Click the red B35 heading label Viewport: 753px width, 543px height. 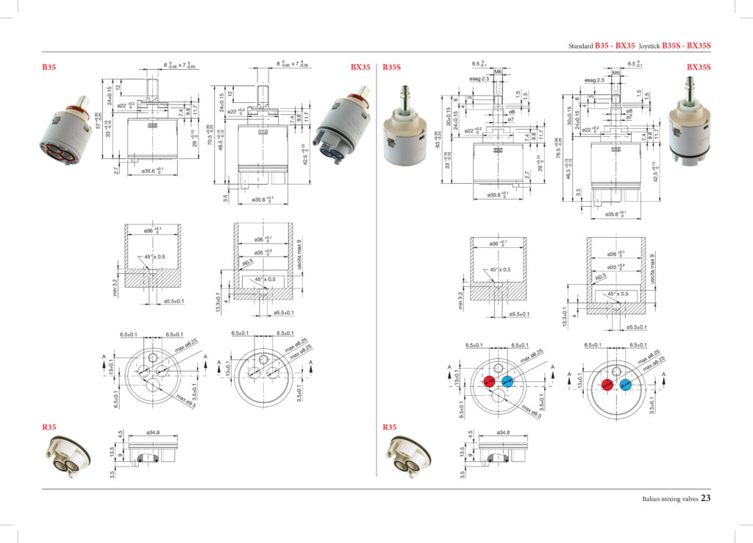pos(49,67)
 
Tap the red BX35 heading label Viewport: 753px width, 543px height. pos(360,67)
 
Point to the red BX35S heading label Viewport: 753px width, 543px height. pos(699,67)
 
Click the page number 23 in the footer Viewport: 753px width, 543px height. pos(705,498)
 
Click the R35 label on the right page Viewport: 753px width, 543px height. pos(390,427)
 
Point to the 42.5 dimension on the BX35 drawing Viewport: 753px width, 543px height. pos(304,155)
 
